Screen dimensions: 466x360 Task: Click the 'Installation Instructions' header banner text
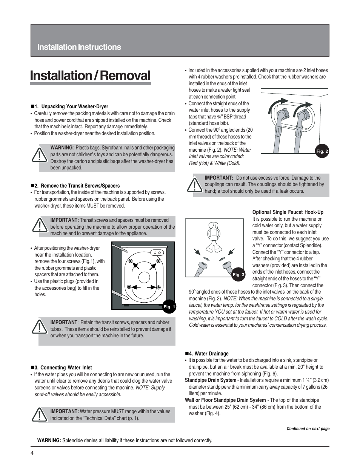click(79, 47)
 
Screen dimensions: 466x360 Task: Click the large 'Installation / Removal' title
click(90, 76)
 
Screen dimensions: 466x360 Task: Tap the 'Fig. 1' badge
click(169, 307)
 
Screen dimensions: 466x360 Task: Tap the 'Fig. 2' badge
click(322, 151)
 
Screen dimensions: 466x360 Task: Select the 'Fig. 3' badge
click(238, 275)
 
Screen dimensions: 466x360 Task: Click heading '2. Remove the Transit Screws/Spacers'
click(77, 186)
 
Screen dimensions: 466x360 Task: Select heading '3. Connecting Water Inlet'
click(63, 368)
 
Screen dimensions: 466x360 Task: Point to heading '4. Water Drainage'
click(209, 354)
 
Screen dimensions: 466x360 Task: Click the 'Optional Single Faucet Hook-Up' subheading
click(288, 212)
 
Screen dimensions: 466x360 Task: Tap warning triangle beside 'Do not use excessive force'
click(194, 185)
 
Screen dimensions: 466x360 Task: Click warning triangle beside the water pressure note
click(39, 415)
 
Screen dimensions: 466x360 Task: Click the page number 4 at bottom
click(33, 453)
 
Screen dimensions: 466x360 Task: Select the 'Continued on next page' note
click(308, 429)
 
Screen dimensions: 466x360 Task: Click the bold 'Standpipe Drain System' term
click(210, 380)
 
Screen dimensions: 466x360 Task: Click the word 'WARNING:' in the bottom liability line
click(49, 440)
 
